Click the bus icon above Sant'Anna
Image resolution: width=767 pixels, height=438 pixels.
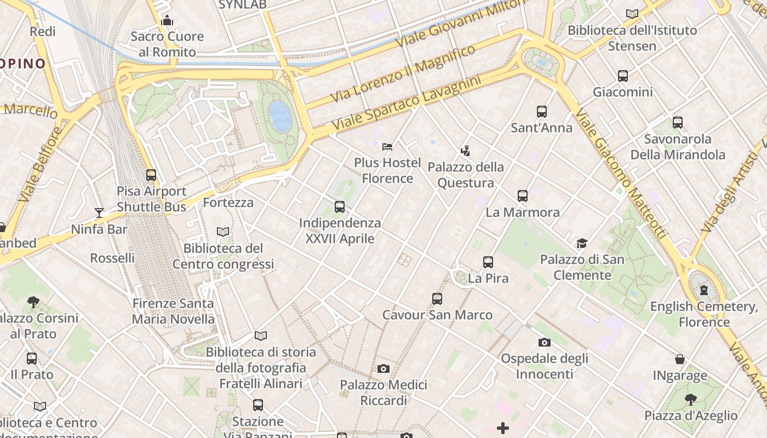tap(542, 112)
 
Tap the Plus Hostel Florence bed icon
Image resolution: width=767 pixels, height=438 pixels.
tap(387, 147)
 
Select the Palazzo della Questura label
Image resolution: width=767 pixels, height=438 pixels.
tap(466, 175)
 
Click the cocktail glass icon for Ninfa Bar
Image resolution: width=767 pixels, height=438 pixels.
tap(99, 213)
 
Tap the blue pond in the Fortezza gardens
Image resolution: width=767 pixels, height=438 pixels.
tap(280, 116)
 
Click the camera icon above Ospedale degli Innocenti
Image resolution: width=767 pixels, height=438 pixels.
tap(544, 343)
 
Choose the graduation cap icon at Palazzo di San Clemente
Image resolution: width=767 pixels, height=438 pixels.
tap(582, 243)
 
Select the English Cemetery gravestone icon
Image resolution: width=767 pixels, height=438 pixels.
tap(703, 290)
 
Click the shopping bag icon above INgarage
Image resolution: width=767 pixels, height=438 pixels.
tap(680, 360)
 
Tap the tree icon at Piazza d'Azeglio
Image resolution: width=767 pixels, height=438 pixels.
tap(690, 400)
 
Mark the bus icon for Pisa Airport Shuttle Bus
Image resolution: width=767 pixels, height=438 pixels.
tap(151, 175)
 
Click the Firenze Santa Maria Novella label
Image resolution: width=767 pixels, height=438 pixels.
tap(173, 311)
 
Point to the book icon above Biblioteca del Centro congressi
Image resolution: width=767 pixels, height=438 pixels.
tap(223, 232)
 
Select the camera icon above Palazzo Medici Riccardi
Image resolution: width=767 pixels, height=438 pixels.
tap(383, 369)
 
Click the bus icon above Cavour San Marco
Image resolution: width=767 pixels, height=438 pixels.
tap(437, 299)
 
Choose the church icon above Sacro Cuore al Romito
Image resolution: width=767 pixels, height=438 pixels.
tap(167, 21)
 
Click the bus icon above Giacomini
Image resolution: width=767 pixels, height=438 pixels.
tap(623, 76)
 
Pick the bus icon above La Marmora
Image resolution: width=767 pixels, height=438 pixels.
tap(523, 196)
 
